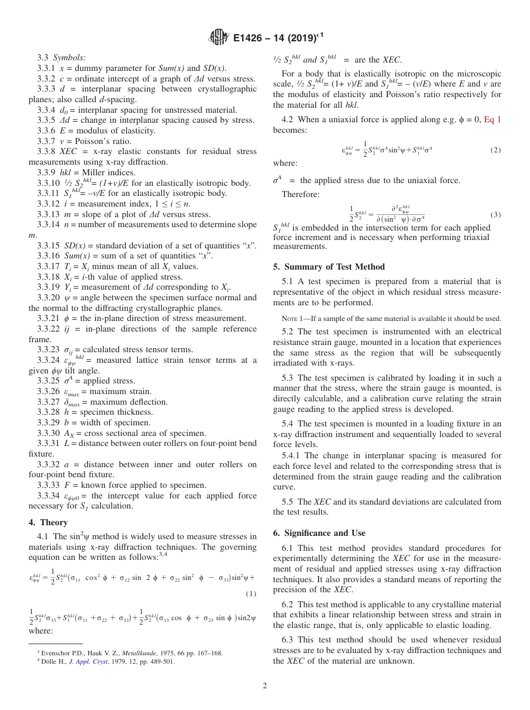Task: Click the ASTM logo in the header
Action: [218, 38]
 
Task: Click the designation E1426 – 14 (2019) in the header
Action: [278, 38]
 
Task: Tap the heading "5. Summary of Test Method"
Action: [329, 267]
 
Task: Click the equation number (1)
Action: [250, 594]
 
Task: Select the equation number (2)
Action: [495, 150]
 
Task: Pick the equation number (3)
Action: [495, 214]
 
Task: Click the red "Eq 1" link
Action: [492, 119]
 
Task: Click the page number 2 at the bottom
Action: [265, 685]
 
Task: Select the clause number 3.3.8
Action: [47, 151]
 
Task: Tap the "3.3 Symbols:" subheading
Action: [61, 57]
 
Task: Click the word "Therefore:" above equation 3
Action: [300, 195]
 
